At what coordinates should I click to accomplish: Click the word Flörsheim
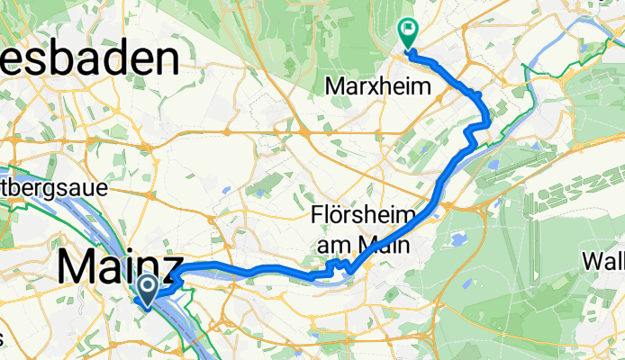pyautogui.click(x=364, y=217)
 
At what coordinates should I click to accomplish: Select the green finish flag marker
pyautogui.click(x=407, y=32)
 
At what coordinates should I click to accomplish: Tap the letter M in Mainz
pyautogui.click(x=75, y=267)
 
